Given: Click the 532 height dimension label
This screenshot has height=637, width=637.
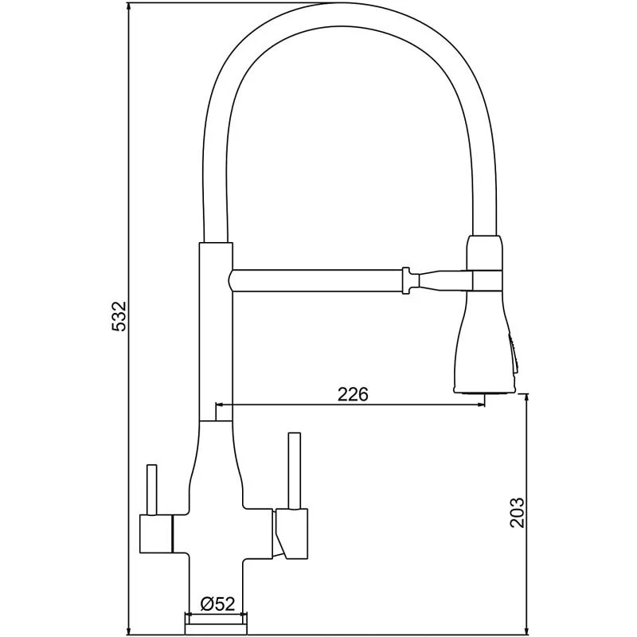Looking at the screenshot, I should tap(119, 316).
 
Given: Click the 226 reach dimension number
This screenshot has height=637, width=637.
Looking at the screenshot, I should tap(353, 394).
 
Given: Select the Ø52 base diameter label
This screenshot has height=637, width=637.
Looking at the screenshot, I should tap(217, 604).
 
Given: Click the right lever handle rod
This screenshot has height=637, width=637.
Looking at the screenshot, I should tap(294, 470).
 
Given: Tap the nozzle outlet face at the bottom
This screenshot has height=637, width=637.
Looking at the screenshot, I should tap(484, 392).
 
